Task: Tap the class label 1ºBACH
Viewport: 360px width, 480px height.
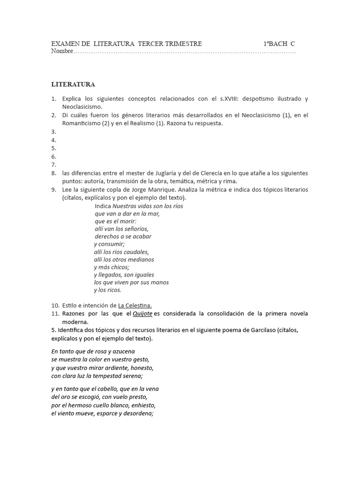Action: (x=275, y=44)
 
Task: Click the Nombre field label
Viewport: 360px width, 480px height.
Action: (x=62, y=51)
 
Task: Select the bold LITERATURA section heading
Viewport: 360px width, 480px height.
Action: (x=73, y=84)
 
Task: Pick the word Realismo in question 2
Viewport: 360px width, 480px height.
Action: (x=141, y=123)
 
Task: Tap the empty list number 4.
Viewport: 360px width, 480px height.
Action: (x=54, y=140)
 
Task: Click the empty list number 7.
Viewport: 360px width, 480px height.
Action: (x=54, y=165)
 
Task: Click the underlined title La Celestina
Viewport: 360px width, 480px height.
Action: (x=135, y=305)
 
